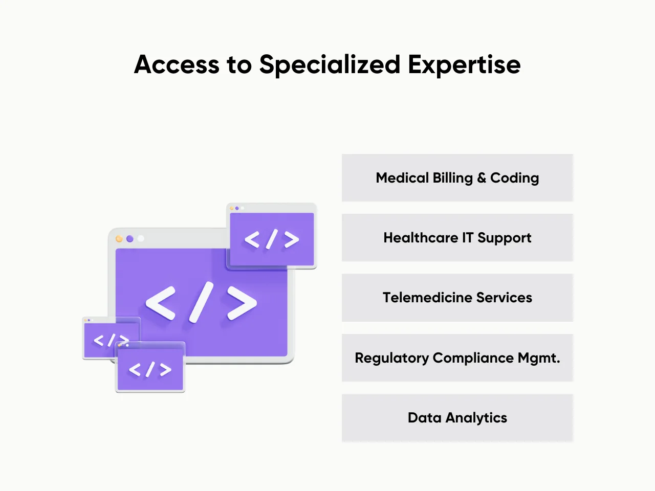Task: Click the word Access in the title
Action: coord(177,65)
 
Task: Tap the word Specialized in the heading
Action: coord(330,65)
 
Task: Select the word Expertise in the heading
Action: coord(464,65)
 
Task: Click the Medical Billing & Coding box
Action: coord(457,177)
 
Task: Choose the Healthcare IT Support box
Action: coord(457,238)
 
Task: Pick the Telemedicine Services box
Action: coord(457,298)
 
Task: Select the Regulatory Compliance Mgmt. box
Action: coord(457,358)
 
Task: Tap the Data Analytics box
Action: coord(457,418)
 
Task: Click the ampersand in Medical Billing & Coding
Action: coord(482,178)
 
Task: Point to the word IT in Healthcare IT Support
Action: coord(468,238)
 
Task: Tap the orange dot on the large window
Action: coord(119,239)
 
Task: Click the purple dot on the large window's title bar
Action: coord(130,239)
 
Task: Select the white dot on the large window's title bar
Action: coord(141,239)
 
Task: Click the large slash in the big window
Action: coord(201,302)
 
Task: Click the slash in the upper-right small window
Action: coord(272,239)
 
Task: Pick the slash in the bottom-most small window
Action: coord(150,369)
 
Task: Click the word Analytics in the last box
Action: coord(476,418)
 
